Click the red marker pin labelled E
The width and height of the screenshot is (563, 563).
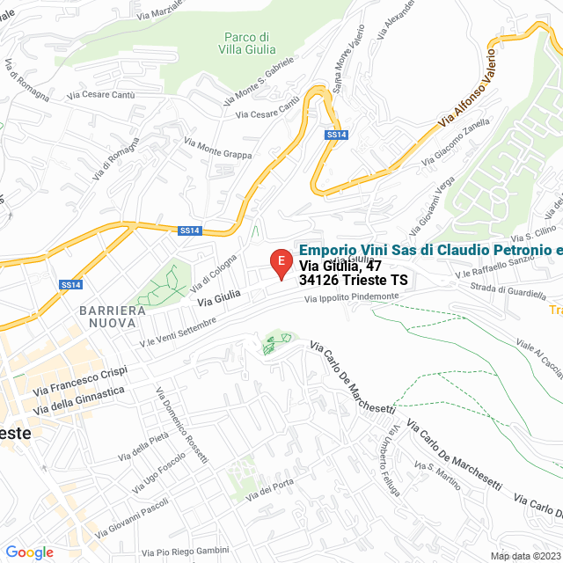click(280, 262)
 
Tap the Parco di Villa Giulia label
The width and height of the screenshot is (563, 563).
click(245, 43)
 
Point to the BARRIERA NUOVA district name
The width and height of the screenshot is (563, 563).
click(112, 318)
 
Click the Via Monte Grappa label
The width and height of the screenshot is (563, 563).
click(217, 148)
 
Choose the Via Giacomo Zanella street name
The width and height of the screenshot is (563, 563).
click(455, 143)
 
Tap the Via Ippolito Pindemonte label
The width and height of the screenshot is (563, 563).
click(351, 298)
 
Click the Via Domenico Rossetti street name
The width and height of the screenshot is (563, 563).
click(182, 427)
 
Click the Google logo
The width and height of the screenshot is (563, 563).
click(29, 552)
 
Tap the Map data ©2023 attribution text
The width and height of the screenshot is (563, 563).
click(524, 556)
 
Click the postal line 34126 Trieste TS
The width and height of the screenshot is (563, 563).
click(354, 280)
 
